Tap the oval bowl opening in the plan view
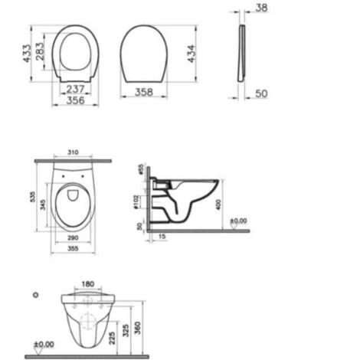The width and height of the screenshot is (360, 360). pyautogui.click(x=74, y=202)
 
